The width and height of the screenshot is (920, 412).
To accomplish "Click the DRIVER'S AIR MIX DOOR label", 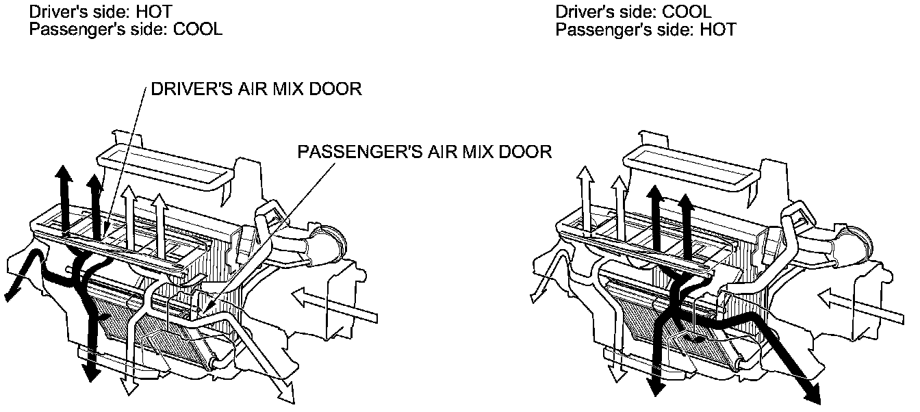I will click(x=255, y=90).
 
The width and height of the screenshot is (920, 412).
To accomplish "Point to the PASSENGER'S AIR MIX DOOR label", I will click(x=424, y=151).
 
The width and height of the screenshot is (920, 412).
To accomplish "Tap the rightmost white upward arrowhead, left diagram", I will click(x=159, y=202).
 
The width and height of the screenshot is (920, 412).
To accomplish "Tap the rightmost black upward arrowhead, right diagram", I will click(x=685, y=202).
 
